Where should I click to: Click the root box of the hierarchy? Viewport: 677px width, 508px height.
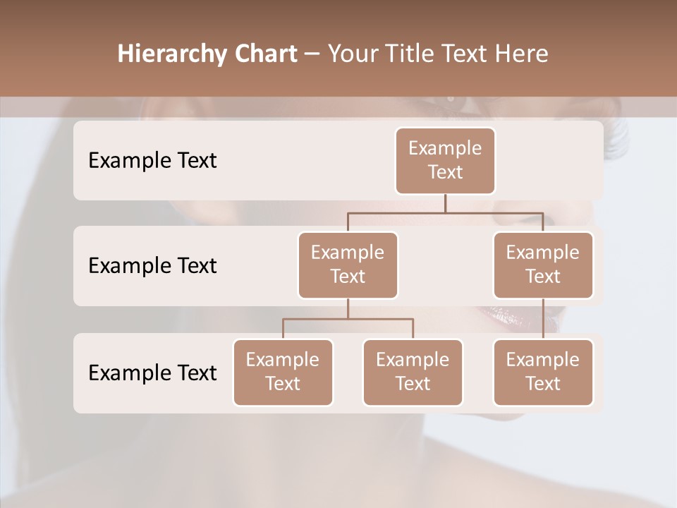445,160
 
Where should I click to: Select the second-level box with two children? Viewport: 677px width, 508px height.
348,265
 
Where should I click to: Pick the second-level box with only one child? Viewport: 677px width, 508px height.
543,265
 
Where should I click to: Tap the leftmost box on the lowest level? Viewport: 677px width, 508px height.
283,372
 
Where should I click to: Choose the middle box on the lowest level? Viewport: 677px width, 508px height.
413,372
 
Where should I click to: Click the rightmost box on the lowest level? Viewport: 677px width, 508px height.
543,372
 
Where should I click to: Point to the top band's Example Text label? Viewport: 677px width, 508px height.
152,160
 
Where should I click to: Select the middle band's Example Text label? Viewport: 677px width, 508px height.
152,265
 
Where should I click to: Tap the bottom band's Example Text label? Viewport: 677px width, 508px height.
152,373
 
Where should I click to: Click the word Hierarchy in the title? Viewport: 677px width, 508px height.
173,54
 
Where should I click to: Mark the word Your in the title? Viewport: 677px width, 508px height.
352,54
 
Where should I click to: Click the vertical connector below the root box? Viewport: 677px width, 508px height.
445,203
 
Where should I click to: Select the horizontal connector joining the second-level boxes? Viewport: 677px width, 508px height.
445,212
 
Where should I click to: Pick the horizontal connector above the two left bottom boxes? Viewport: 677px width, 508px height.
348,319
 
